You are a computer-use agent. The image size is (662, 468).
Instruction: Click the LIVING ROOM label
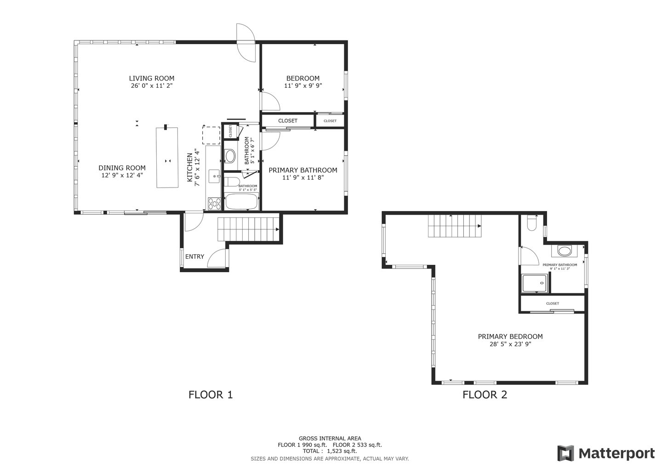click(x=151, y=79)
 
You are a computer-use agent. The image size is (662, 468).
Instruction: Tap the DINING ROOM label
click(x=122, y=168)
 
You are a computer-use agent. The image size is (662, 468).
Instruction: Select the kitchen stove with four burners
click(x=213, y=203)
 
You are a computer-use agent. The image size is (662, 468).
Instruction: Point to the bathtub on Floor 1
click(x=241, y=201)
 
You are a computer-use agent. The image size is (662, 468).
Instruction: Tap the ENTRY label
click(x=194, y=257)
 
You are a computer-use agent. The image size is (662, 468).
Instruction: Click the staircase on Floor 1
click(x=248, y=228)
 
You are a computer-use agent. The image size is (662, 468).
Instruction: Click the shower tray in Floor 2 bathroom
click(x=535, y=283)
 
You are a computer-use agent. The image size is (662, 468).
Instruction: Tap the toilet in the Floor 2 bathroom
click(x=532, y=223)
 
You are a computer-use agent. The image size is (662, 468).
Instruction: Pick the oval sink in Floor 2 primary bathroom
click(x=564, y=251)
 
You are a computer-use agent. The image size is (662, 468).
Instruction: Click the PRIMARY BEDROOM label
click(x=510, y=337)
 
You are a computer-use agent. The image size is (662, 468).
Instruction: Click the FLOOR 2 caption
click(x=485, y=394)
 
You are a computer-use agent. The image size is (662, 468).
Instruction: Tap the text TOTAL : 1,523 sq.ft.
click(x=330, y=451)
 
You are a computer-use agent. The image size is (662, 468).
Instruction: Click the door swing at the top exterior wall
click(x=246, y=42)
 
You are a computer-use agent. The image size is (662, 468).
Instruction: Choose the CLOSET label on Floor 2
click(x=552, y=303)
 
